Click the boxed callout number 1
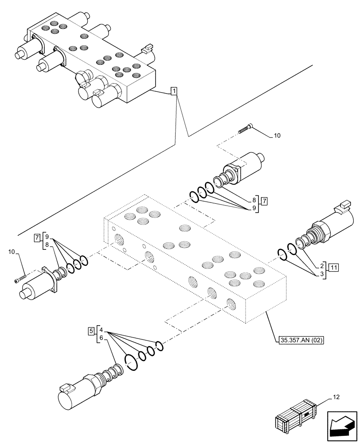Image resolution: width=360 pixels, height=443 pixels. (x=175, y=92)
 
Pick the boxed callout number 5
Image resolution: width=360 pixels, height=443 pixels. (x=91, y=330)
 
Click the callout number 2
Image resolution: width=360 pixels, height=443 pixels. (x=321, y=266)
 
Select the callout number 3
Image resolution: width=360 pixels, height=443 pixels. (x=321, y=274)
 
